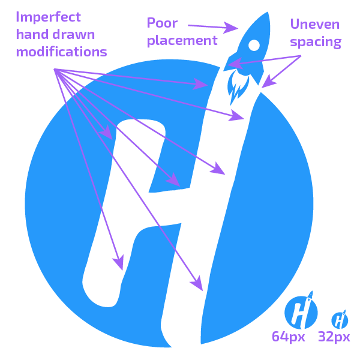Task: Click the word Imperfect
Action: (48, 17)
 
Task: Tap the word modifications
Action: (62, 52)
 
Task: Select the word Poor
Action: (162, 23)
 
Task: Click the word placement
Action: (182, 41)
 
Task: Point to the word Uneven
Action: (315, 24)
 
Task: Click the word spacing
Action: (316, 42)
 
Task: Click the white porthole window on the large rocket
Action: (254, 45)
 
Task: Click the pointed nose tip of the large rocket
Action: (267, 13)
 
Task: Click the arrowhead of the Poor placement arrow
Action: (231, 28)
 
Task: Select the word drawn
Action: (74, 34)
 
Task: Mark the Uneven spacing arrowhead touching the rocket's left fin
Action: (235, 64)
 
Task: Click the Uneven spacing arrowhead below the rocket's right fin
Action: (268, 83)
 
